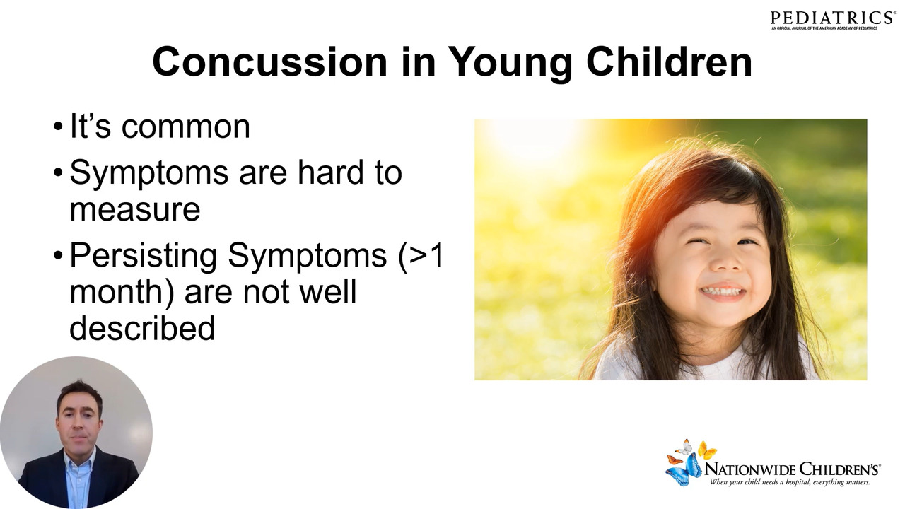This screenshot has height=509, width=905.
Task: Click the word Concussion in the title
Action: click(x=270, y=62)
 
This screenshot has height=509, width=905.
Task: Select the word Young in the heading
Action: click(x=510, y=64)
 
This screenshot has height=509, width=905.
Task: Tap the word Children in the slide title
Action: click(x=670, y=62)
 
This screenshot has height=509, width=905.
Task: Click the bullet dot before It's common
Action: click(x=58, y=126)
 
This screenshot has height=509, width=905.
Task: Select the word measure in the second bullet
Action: click(x=135, y=211)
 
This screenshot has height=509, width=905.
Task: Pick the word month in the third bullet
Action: click(x=117, y=292)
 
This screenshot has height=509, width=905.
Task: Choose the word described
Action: click(x=142, y=327)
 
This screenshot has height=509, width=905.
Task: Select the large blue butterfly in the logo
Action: click(x=684, y=471)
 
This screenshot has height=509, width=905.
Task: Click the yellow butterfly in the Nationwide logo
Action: click(x=707, y=450)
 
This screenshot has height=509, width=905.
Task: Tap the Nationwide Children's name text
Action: click(x=793, y=470)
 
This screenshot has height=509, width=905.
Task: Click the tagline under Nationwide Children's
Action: click(x=790, y=482)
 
